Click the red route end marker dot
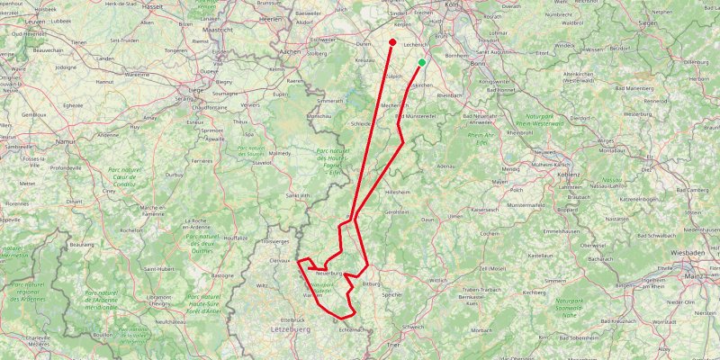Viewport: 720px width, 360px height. point(393,42)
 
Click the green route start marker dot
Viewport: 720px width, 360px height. point(422,62)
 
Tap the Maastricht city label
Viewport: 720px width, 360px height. point(218,29)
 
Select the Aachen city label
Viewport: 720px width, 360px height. point(291,52)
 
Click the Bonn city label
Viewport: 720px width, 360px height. point(478,64)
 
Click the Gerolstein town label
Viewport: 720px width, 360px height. point(398,211)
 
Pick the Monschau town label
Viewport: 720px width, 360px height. point(320,117)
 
